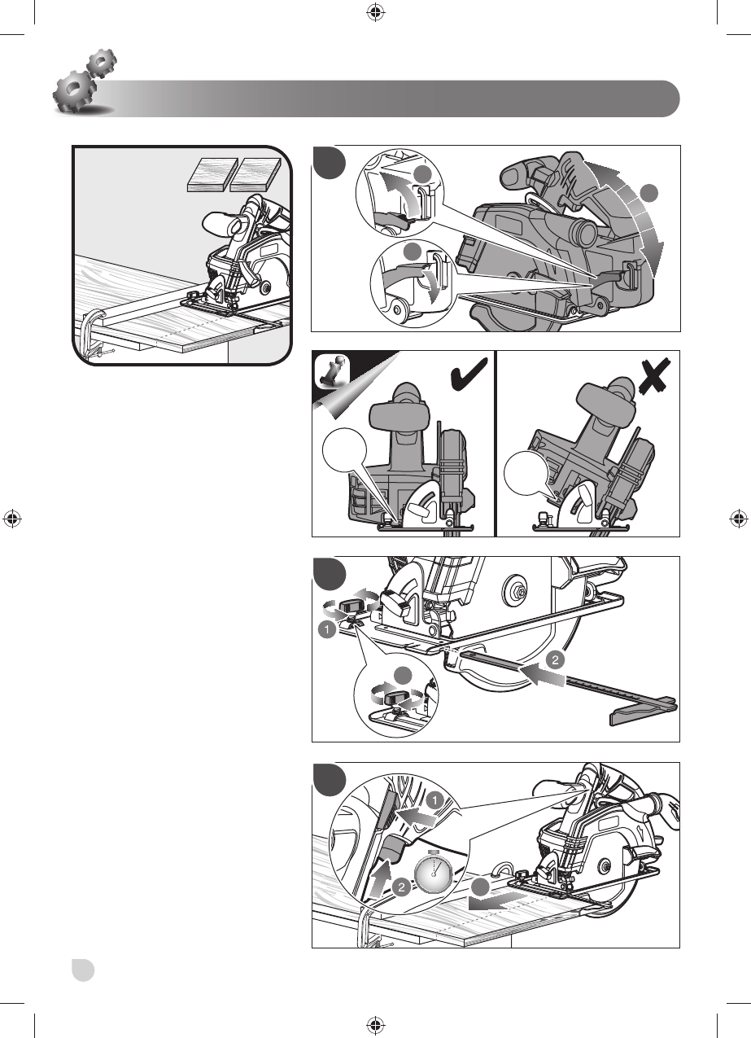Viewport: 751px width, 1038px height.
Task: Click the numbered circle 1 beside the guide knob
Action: [325, 629]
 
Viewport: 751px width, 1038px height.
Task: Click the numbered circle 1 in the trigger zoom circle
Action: [438, 801]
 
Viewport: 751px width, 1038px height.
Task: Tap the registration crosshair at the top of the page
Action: [375, 12]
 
